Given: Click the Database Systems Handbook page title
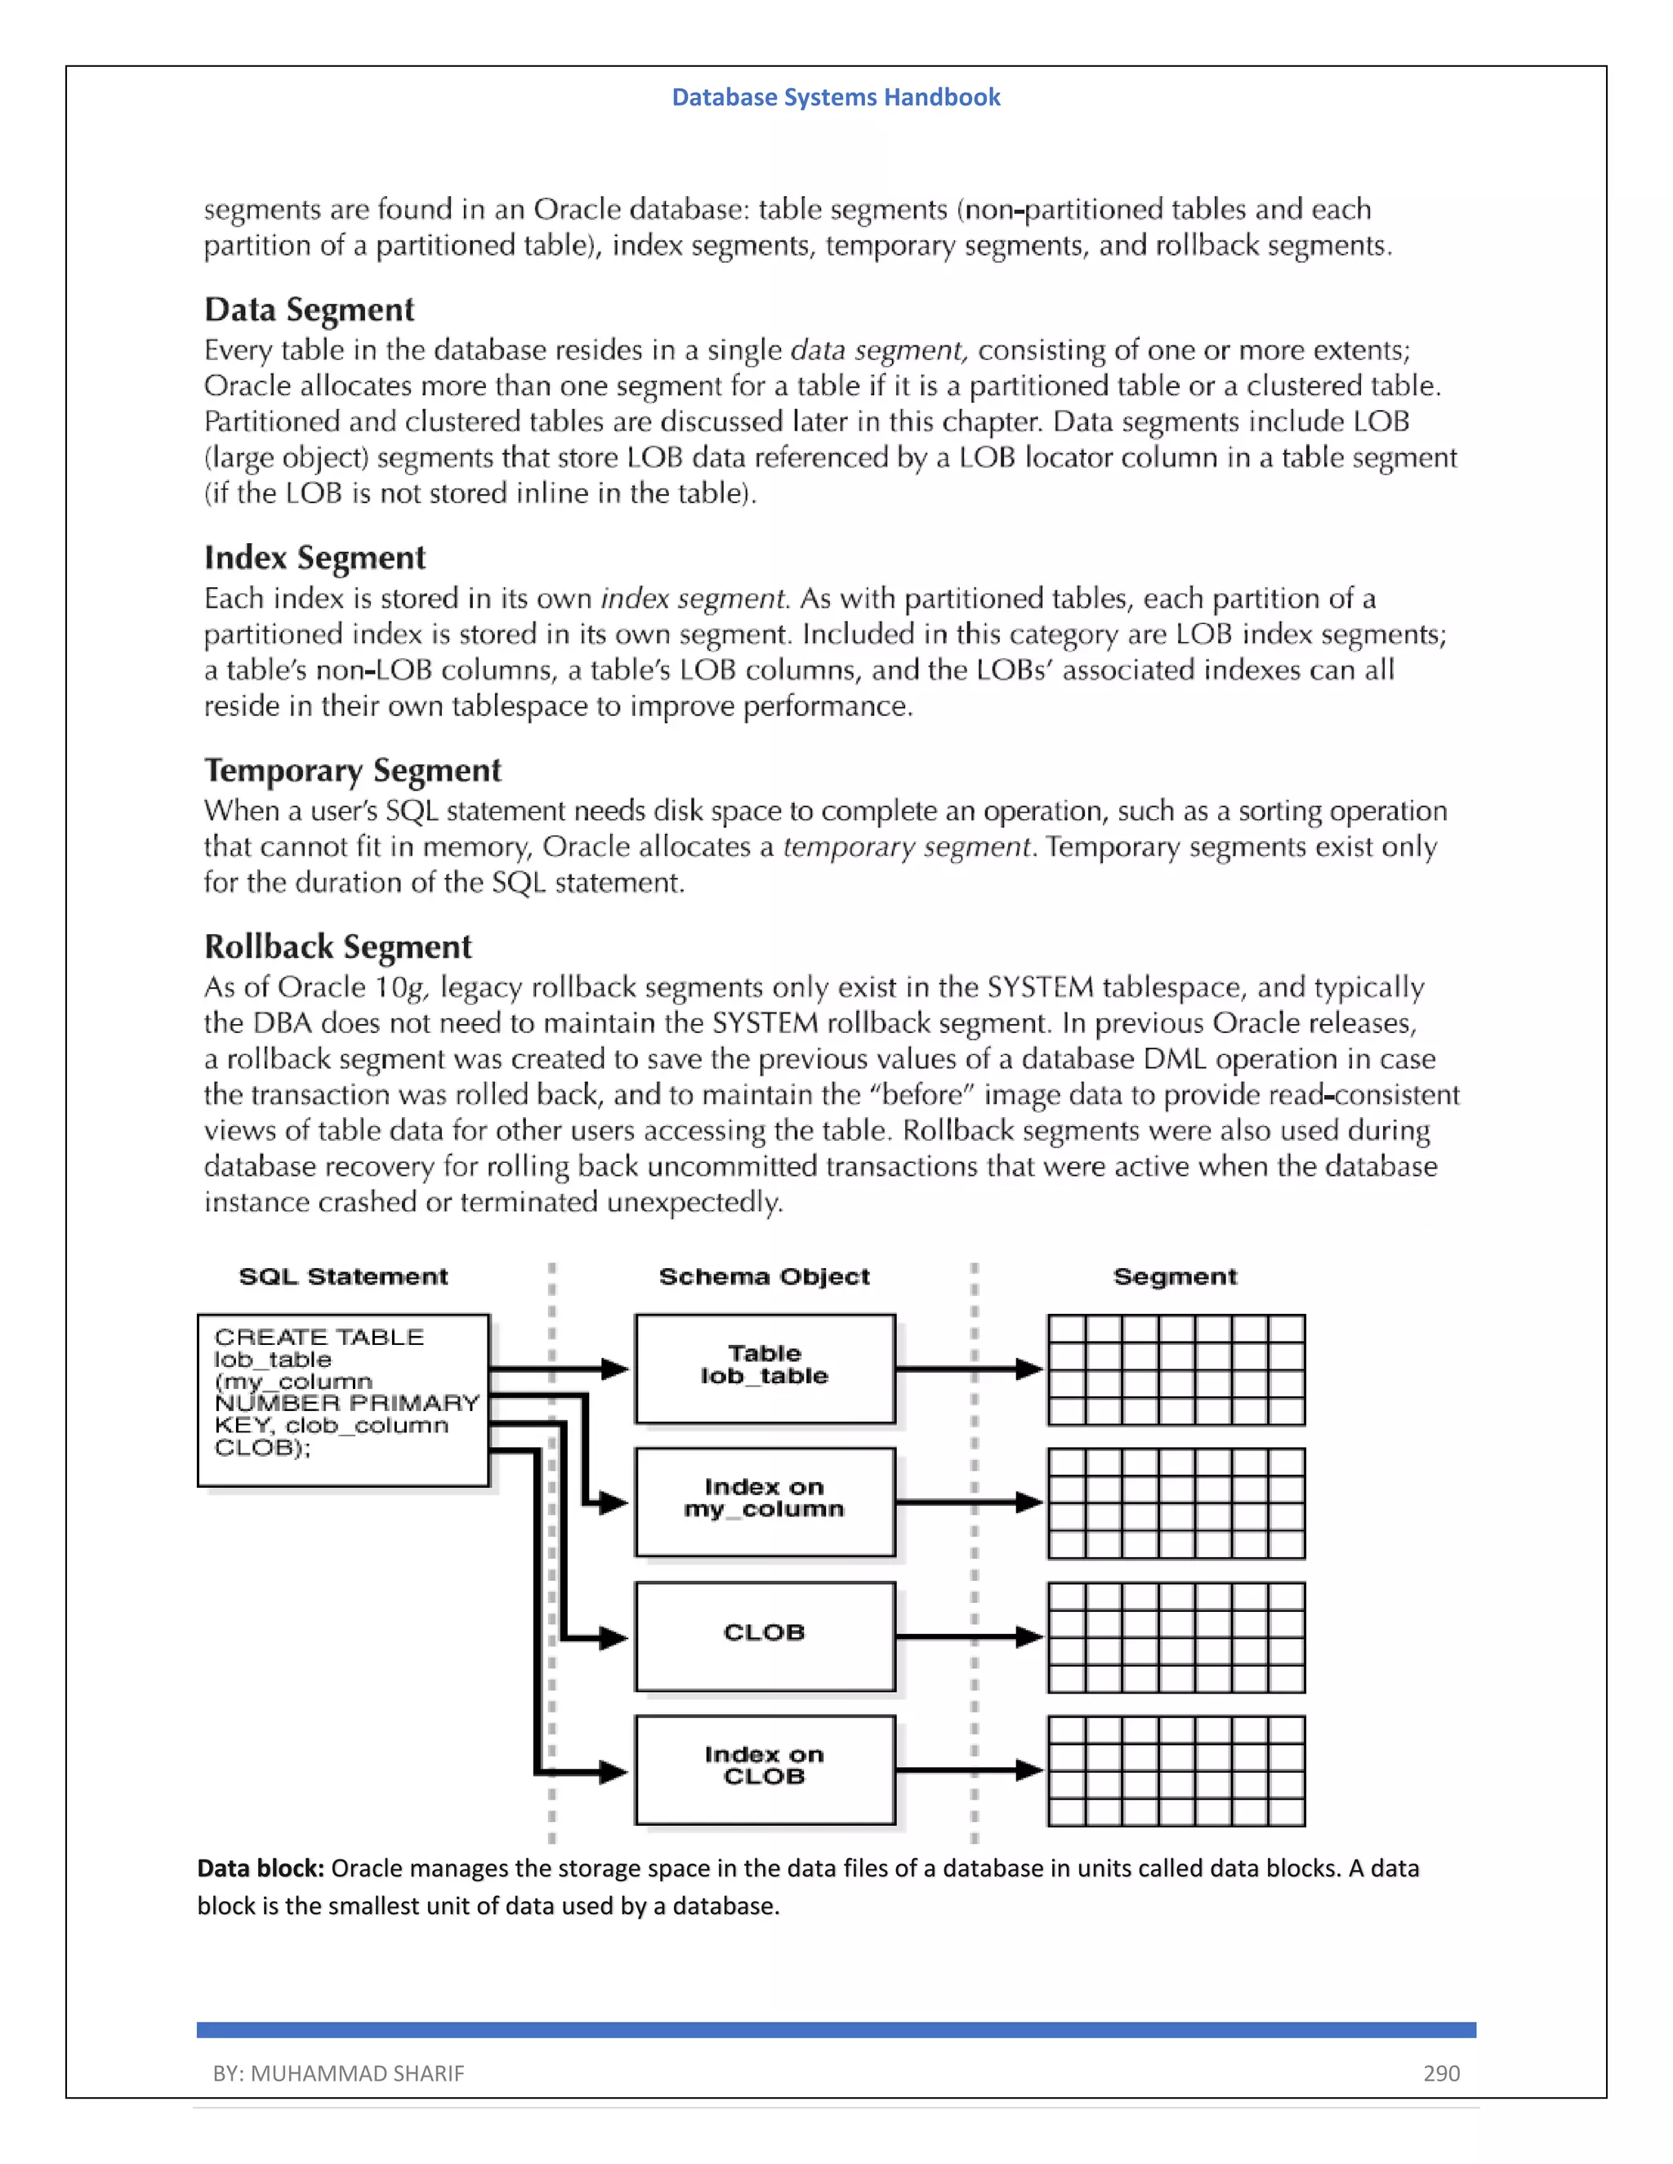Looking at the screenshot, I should pyautogui.click(x=836, y=97).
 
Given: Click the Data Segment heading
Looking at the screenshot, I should pyautogui.click(x=310, y=309).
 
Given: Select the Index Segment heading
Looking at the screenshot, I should pyautogui.click(x=315, y=557).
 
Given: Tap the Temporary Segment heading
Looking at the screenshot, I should pyautogui.click(x=353, y=770).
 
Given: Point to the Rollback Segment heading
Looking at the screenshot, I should pyautogui.click(x=338, y=946).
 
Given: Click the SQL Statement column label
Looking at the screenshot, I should pyautogui.click(x=343, y=1276).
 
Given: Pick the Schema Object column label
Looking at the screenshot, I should pyautogui.click(x=764, y=1276).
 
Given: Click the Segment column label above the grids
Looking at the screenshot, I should pyautogui.click(x=1175, y=1276).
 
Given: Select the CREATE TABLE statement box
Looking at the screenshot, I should pyautogui.click(x=343, y=1399).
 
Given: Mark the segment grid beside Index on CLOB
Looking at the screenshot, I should pyautogui.click(x=1176, y=1770).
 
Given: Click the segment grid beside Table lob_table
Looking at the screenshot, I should pyautogui.click(x=1176, y=1369).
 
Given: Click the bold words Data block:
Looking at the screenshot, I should pyautogui.click(x=261, y=1868).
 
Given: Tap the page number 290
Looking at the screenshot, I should pyautogui.click(x=1441, y=2073).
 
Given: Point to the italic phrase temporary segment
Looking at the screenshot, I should pyautogui.click(x=907, y=847).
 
